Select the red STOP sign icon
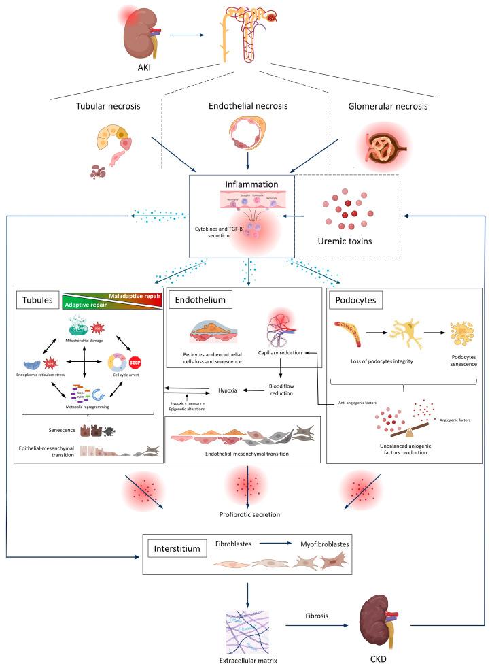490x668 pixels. pos(135,361)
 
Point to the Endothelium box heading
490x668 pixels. pos(199,299)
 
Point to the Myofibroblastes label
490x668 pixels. pos(323,544)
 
